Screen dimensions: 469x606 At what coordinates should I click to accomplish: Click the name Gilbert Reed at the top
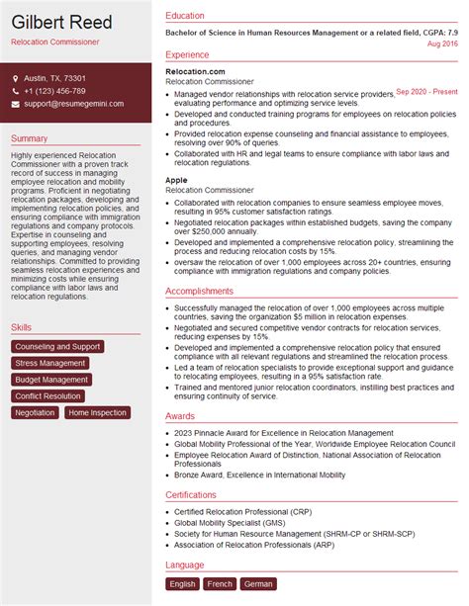click(62, 23)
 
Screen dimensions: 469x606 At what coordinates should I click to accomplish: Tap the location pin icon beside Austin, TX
click(17, 78)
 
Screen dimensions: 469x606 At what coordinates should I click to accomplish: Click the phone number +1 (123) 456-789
click(55, 91)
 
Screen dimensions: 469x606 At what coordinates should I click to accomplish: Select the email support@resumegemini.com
click(74, 104)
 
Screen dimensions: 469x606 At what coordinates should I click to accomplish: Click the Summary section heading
click(30, 138)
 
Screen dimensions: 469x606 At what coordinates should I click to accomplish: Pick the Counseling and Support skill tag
click(58, 347)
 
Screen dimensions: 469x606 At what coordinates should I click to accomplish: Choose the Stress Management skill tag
click(51, 363)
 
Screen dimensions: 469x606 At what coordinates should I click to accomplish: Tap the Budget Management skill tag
click(52, 380)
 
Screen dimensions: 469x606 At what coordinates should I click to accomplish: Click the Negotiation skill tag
click(36, 413)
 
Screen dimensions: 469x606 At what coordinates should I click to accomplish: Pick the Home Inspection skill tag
click(97, 413)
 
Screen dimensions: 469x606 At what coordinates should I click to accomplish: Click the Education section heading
click(185, 16)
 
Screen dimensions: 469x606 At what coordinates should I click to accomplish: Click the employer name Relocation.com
click(195, 72)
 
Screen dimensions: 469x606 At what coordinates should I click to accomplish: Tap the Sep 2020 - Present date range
click(427, 91)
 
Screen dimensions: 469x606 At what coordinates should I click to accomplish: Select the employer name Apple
click(177, 180)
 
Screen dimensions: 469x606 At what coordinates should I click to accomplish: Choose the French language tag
click(221, 584)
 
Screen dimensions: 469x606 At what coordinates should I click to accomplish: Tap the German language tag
click(259, 584)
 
